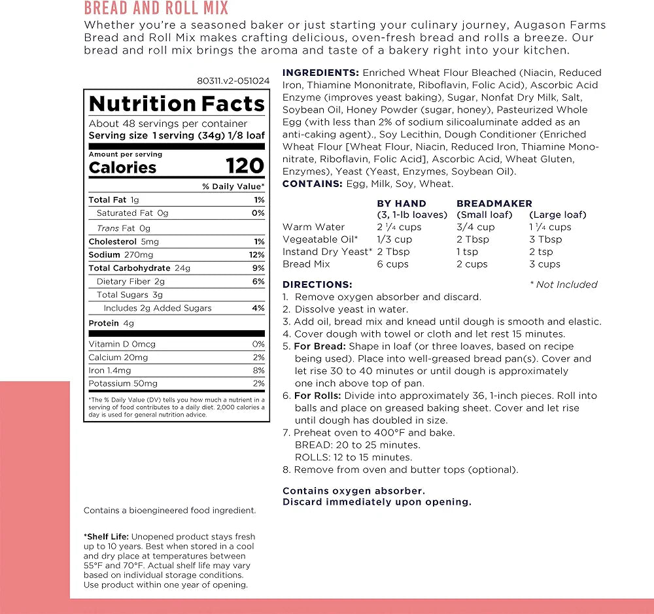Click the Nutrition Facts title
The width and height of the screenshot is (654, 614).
click(x=177, y=104)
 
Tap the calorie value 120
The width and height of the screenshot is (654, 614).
click(x=245, y=166)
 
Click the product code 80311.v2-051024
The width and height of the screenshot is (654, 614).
click(x=233, y=81)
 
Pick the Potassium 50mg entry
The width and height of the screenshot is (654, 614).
click(x=123, y=384)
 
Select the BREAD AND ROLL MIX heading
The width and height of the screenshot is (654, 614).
click(x=156, y=9)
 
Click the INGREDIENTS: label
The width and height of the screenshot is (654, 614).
click(x=320, y=73)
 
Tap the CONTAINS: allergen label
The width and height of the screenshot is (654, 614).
click(x=312, y=184)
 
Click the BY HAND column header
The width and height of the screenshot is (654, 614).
click(x=402, y=203)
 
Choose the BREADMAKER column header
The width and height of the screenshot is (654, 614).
click(x=494, y=203)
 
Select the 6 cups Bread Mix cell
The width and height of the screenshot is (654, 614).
click(x=392, y=264)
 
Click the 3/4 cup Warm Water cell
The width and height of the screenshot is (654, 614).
click(x=475, y=227)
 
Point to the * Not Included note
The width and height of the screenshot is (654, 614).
click(x=563, y=284)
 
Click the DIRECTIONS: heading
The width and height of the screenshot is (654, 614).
click(x=317, y=284)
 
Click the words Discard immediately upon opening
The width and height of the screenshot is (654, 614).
click(x=377, y=502)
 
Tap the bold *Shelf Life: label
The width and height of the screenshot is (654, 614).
click(x=106, y=537)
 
